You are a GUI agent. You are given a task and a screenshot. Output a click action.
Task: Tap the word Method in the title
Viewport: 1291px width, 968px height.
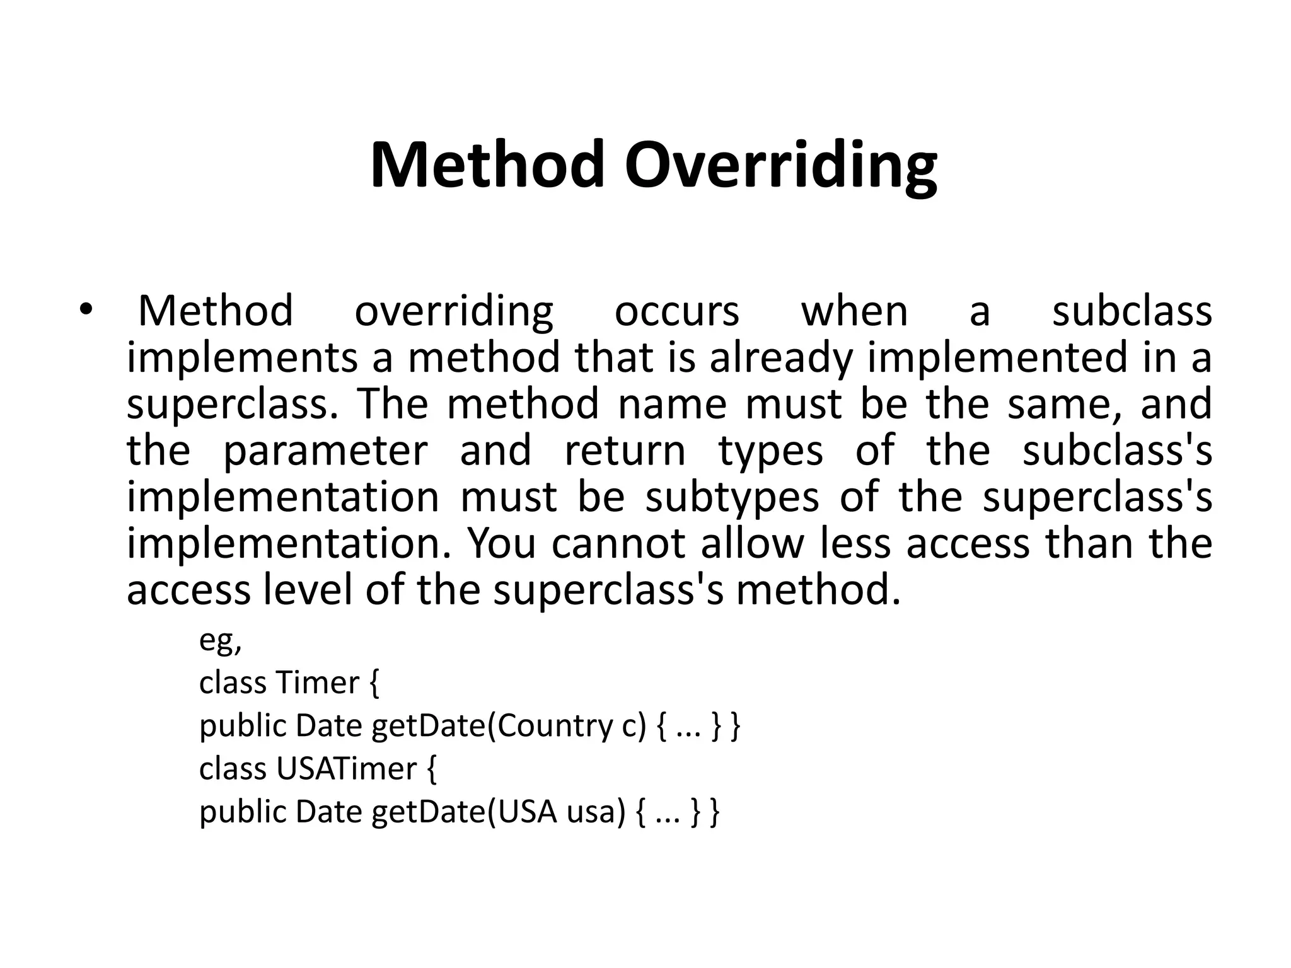coord(488,165)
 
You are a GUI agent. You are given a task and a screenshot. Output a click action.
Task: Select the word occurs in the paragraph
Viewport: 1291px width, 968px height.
coord(676,311)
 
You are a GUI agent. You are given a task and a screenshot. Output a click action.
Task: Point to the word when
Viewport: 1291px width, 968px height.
coord(854,311)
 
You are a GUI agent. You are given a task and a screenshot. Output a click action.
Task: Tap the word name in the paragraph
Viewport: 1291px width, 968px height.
coord(672,404)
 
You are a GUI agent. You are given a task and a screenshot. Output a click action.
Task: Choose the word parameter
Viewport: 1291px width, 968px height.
coord(325,451)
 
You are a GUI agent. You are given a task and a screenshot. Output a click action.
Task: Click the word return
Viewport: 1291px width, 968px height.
coord(625,451)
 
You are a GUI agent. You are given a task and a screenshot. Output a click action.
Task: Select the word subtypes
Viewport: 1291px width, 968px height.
coord(732,497)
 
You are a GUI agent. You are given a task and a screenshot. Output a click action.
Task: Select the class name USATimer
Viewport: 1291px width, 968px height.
coord(347,768)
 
